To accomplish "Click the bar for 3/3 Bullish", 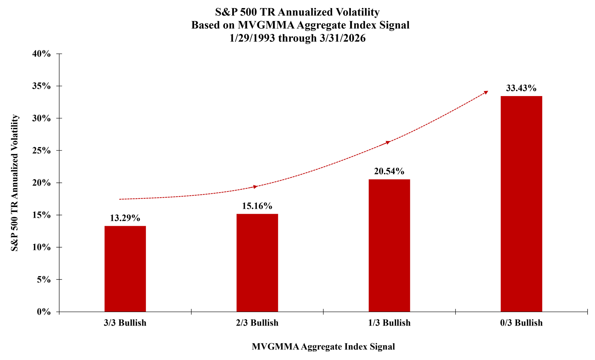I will (125, 269).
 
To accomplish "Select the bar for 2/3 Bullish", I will (257, 263).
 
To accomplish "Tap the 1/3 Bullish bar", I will (389, 245).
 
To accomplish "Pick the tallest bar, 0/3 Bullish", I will (521, 204).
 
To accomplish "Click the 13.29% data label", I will (125, 218).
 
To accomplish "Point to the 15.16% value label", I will (257, 206).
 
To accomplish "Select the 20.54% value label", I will (389, 171).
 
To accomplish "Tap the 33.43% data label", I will (521, 88).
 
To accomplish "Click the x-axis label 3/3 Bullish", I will (125, 323).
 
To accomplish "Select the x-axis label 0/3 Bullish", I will (521, 323).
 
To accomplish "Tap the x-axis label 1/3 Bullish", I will (389, 323).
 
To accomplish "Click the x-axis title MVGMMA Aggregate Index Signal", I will (323, 346).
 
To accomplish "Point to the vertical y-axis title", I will (15, 183).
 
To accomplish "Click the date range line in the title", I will (297, 38).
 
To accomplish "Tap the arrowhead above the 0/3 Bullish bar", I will (486, 92).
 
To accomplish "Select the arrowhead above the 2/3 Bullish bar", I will (255, 187).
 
